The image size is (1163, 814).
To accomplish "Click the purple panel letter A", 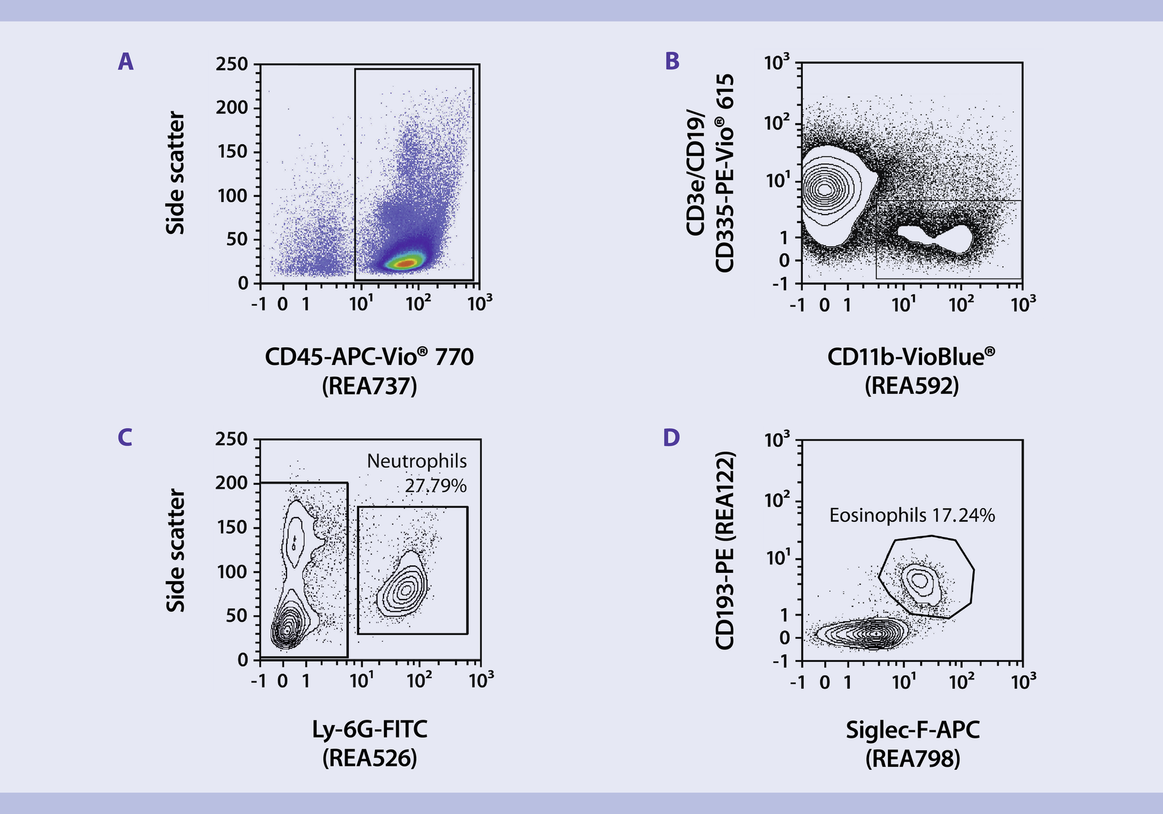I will [125, 62].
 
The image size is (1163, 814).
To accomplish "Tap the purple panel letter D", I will [671, 438].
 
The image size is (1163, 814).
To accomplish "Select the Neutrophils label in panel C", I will [417, 461].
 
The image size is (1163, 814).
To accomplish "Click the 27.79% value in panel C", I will [436, 485].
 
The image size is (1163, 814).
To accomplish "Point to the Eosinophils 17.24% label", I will [912, 515].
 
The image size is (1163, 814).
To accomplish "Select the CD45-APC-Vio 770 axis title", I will [369, 356].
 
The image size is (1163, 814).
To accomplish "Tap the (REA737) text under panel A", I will [369, 386].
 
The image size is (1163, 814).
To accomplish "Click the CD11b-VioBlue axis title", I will [911, 356].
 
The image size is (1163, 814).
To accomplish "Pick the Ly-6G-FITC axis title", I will [369, 729].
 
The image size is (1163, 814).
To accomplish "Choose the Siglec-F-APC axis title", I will [912, 730].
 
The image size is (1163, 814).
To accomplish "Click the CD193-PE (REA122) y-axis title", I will [725, 550].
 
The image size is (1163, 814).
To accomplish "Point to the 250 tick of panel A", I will [232, 64].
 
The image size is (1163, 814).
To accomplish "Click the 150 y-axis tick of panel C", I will [232, 527].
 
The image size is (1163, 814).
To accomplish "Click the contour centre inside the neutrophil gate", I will [406, 588].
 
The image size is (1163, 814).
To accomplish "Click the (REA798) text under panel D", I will [912, 759].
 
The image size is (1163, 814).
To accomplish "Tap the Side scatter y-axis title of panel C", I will [176, 550].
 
